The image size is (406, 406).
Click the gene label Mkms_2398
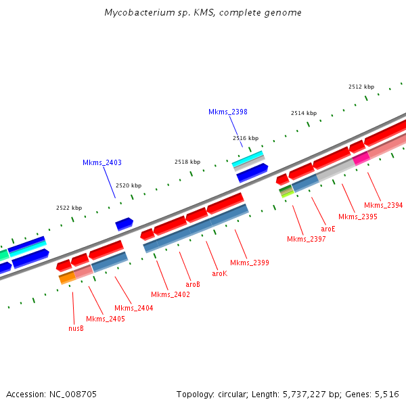[x=227, y=112]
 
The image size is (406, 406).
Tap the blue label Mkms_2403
[x=102, y=162]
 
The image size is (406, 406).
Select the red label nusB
[x=76, y=329]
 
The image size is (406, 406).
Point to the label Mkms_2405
[x=105, y=319]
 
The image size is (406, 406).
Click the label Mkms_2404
[x=133, y=308]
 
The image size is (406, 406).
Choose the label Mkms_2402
[x=170, y=294]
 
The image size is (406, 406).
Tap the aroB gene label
[x=193, y=284]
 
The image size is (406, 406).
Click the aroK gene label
[x=219, y=273]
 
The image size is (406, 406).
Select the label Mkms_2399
[x=249, y=263]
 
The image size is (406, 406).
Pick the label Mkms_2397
[x=306, y=239]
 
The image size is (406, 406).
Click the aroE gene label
[x=328, y=229]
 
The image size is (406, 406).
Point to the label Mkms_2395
[x=357, y=217]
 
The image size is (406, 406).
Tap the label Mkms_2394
[x=383, y=205]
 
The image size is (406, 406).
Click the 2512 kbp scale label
[x=361, y=87]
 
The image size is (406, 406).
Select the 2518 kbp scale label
[x=187, y=162]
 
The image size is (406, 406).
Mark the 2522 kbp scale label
[x=69, y=208]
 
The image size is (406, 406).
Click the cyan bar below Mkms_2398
[x=247, y=160]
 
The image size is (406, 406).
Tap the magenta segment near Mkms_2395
[x=361, y=157]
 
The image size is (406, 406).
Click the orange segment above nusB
[x=67, y=277]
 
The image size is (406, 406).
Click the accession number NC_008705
[x=73, y=394]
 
